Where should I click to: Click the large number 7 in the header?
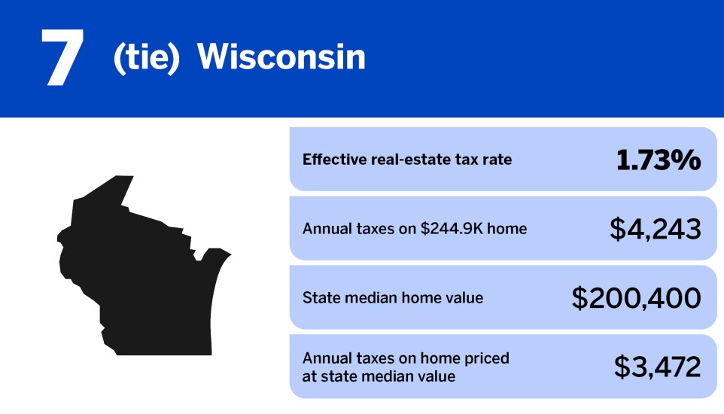[x=62, y=58]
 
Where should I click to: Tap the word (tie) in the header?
[x=146, y=59]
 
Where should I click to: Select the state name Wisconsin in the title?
[x=281, y=58]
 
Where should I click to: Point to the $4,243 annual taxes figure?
[x=655, y=229]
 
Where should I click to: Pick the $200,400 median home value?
[x=636, y=298]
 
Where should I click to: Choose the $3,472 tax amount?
[x=657, y=367]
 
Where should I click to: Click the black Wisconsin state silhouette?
[x=135, y=271]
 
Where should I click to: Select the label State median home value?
[x=392, y=298]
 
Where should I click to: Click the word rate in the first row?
[x=497, y=160]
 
